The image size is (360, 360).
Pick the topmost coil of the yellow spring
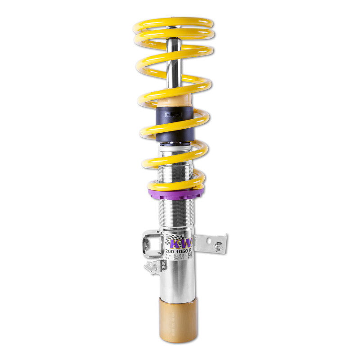point(174,22)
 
